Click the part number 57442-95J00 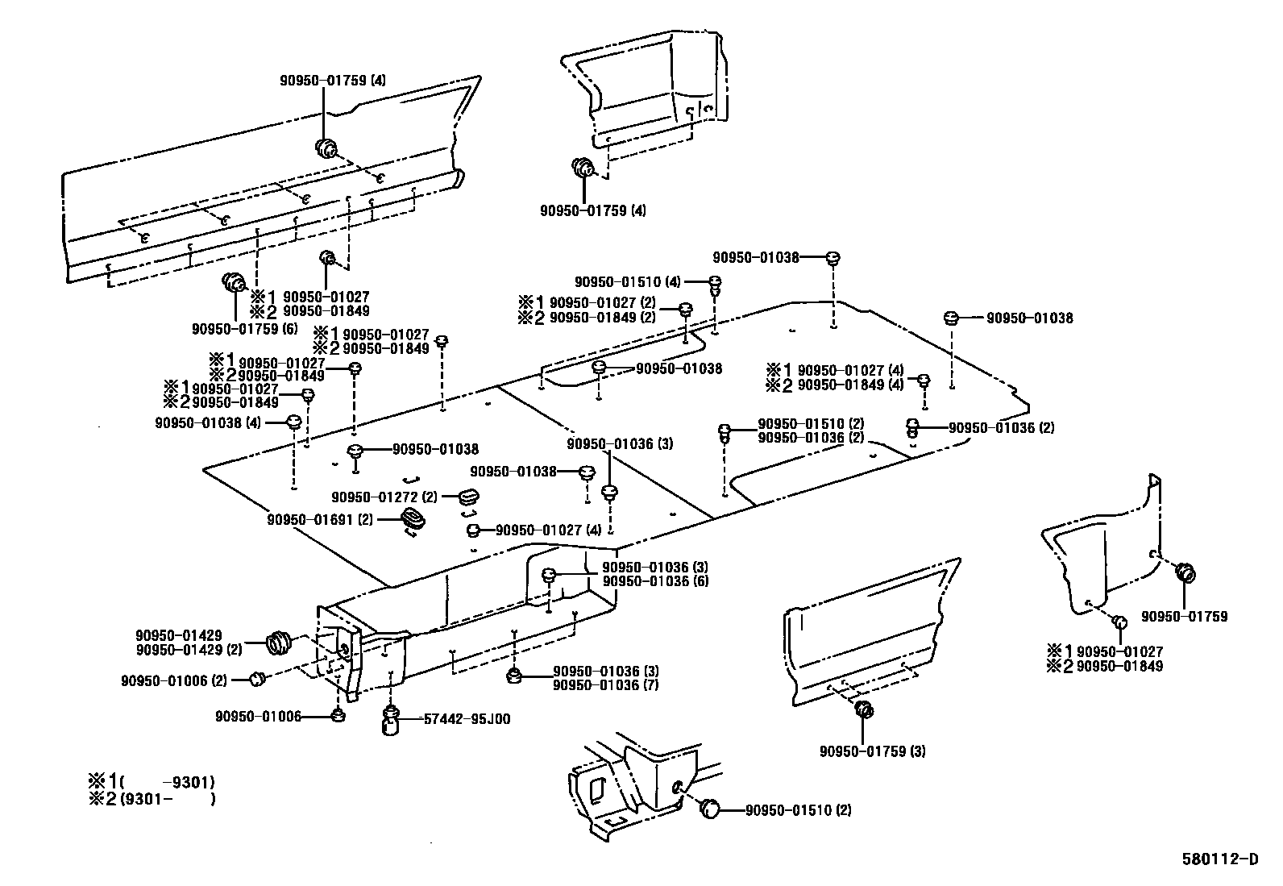click(x=466, y=719)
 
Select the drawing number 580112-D click(x=1219, y=859)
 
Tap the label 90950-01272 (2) click(x=384, y=497)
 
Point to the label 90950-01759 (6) click(x=244, y=328)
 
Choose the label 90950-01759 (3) click(x=872, y=751)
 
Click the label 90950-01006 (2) click(x=173, y=680)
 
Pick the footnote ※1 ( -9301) click(x=152, y=781)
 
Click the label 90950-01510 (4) click(x=628, y=282)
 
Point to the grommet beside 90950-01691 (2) click(x=413, y=520)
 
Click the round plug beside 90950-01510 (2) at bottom click(x=710, y=809)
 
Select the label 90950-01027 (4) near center click(x=548, y=530)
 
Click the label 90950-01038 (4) click(x=207, y=422)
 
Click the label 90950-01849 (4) click(x=850, y=385)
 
